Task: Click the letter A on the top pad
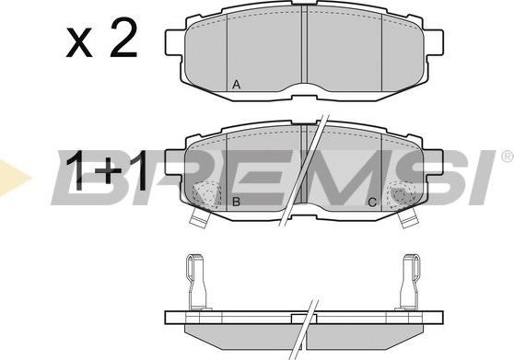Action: pos(236,85)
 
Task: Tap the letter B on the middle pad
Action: pos(236,202)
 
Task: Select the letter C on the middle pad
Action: pos(372,203)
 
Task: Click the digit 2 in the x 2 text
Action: pos(123,38)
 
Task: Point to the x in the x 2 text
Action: pos(79,43)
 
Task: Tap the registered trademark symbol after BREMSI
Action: pos(508,157)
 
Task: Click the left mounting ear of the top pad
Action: pos(174,42)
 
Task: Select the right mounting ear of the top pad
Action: pos(434,42)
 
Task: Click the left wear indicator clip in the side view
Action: pos(197,282)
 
